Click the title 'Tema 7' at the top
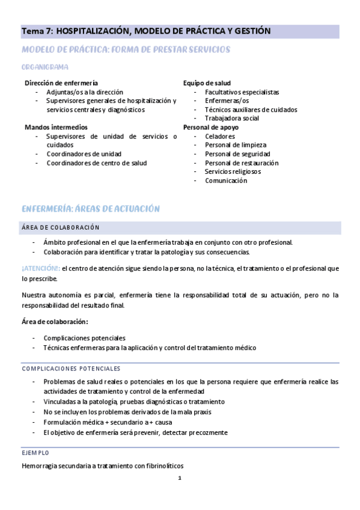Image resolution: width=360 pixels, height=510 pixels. tap(37, 30)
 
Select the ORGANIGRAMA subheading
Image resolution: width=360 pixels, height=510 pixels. tap(44, 67)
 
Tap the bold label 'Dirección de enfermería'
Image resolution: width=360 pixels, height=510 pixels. tap(61, 83)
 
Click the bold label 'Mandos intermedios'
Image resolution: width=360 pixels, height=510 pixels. tap(56, 127)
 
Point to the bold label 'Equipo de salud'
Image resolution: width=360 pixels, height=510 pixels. tap(207, 83)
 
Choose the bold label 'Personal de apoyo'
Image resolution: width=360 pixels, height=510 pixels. tap(210, 127)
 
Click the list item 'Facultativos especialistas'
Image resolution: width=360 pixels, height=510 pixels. tap(242, 92)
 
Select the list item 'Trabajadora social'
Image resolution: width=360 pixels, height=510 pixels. tap(231, 118)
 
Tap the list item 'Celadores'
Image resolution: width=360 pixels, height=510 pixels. tap(220, 137)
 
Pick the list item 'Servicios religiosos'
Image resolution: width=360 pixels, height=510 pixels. tap(233, 171)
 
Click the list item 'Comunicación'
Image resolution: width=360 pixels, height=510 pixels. tap(225, 180)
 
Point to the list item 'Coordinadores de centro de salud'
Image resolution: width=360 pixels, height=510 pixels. tap(96, 163)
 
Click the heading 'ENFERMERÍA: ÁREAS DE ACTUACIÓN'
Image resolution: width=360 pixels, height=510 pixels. tap(90, 209)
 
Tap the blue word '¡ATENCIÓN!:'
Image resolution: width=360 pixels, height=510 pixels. tap(40, 268)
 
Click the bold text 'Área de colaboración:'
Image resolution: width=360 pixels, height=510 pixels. tap(55, 322)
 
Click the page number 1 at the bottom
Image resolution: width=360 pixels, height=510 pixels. tap(180, 479)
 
